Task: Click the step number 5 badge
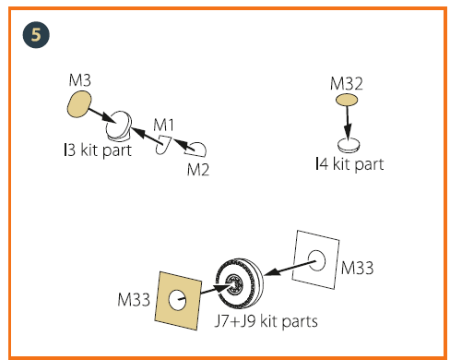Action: (x=36, y=35)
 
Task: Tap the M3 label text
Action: (x=80, y=80)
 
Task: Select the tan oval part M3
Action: (x=79, y=104)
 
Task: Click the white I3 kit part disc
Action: (x=118, y=125)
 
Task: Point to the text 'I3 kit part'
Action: (x=98, y=150)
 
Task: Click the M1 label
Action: (x=163, y=125)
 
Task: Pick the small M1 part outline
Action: (x=163, y=145)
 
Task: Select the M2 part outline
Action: (x=195, y=150)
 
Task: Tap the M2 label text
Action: (x=198, y=169)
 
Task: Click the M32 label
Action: (x=347, y=84)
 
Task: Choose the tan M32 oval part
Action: (x=347, y=100)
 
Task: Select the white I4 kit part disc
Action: (x=349, y=145)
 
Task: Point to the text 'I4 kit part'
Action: (x=349, y=164)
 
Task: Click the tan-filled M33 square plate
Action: (x=178, y=300)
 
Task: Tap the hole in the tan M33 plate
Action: (x=177, y=300)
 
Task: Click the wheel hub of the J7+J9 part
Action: (x=234, y=284)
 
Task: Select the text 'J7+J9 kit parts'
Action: (x=266, y=321)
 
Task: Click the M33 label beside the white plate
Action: (x=357, y=268)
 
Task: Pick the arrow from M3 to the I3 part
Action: (x=102, y=115)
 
